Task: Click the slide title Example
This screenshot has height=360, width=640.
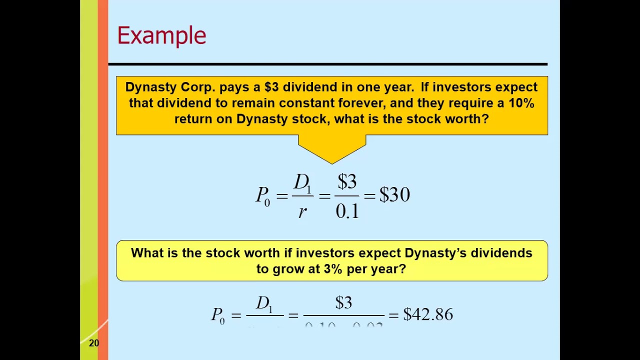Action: [161, 36]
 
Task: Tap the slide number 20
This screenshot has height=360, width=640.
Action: [94, 343]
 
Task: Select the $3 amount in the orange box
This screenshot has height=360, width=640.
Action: [271, 87]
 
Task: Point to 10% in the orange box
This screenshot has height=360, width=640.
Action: [521, 103]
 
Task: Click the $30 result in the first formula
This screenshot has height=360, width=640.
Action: [394, 195]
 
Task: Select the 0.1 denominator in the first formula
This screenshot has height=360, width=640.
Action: [347, 211]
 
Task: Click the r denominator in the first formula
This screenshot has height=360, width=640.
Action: [302, 212]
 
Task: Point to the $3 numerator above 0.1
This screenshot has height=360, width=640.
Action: [347, 181]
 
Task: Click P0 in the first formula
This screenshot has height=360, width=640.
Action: [263, 195]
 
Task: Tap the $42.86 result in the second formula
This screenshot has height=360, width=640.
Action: [428, 314]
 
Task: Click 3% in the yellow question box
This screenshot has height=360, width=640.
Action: [332, 269]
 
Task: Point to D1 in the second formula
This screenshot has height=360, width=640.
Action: [264, 303]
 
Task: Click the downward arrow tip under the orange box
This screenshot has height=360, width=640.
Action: [331, 162]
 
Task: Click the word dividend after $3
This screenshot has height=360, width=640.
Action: [310, 87]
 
